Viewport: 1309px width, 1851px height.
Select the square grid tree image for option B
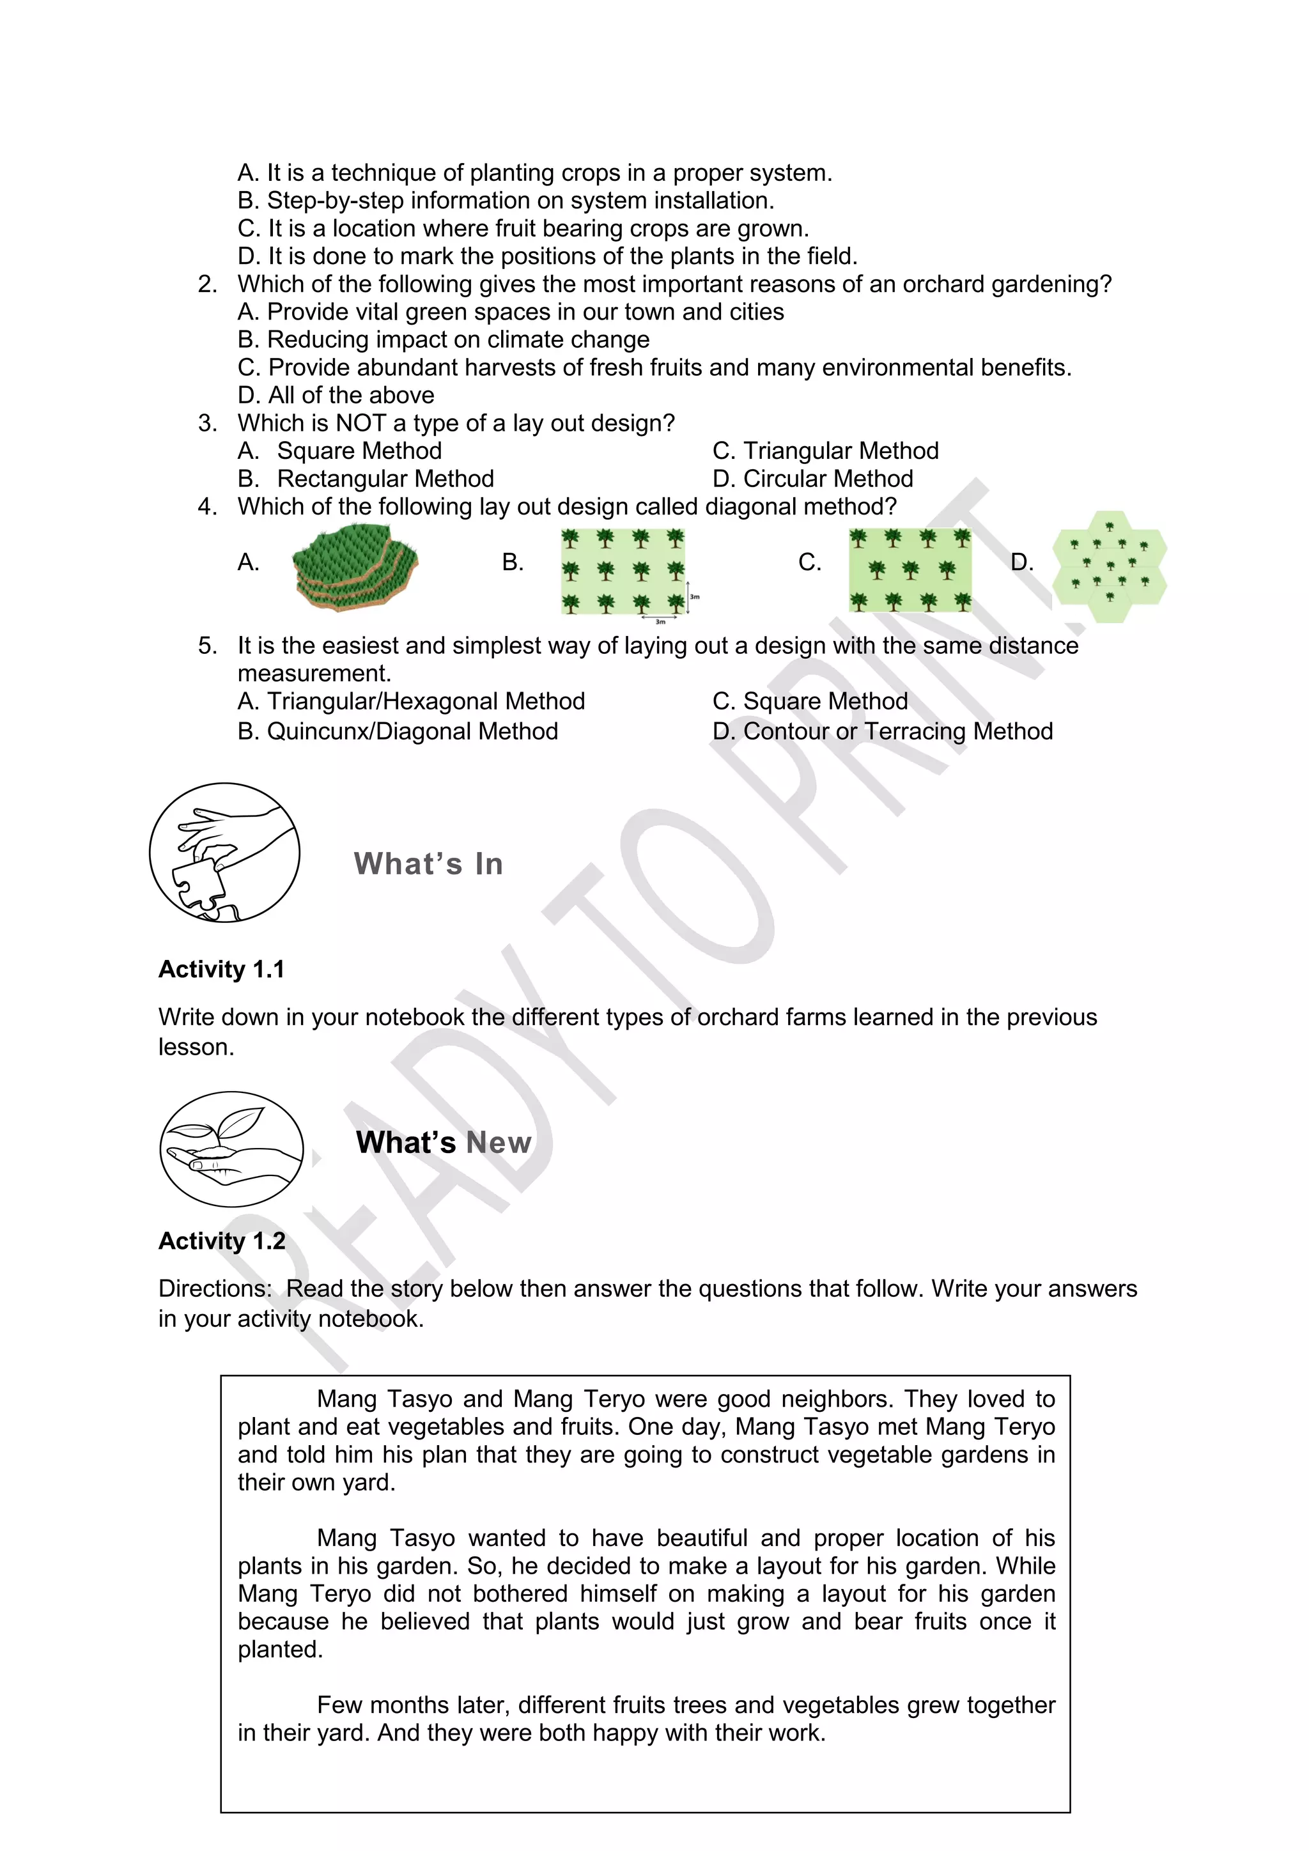623,571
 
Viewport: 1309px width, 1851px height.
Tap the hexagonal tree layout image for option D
1110,566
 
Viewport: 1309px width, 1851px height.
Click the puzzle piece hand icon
225,852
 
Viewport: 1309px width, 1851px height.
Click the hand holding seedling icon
231,1148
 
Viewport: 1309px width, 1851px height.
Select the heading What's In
428,864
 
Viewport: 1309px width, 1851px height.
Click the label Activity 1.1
222,969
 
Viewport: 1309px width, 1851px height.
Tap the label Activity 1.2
222,1241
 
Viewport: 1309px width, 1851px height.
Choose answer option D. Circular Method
812,479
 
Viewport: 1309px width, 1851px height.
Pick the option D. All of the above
336,395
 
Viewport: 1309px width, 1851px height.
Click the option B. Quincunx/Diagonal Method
398,731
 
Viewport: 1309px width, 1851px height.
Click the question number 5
207,646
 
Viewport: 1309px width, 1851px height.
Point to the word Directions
214,1289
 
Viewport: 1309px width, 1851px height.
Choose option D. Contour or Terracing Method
883,731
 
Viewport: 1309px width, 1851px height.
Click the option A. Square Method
340,451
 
